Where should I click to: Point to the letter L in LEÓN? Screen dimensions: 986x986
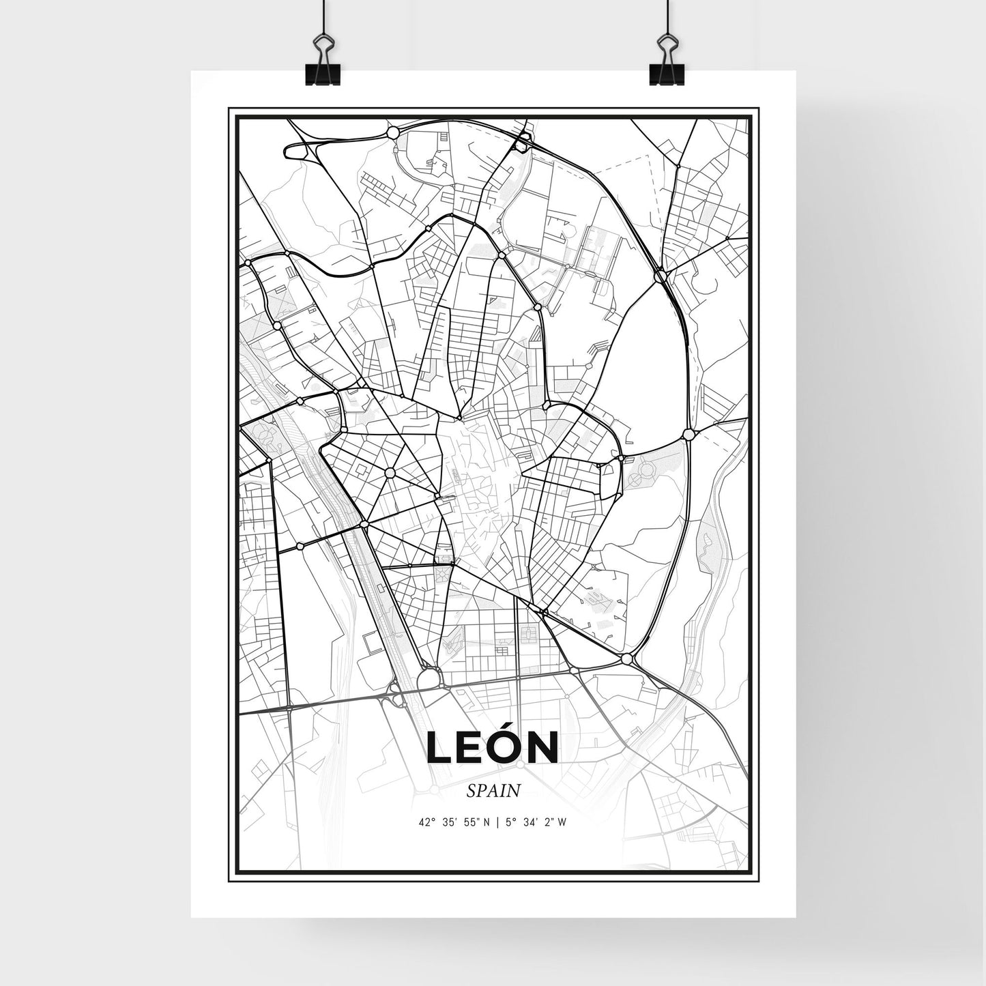coord(438,748)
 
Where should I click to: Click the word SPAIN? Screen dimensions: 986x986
coord(493,791)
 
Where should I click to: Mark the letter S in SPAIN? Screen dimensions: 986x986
coord(472,791)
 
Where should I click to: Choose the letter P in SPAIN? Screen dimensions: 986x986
coord(482,791)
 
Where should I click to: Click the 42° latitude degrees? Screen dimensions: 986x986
coord(427,822)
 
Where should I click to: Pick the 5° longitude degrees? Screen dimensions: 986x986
coord(507,822)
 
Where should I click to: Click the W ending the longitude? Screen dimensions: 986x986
coord(561,822)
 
